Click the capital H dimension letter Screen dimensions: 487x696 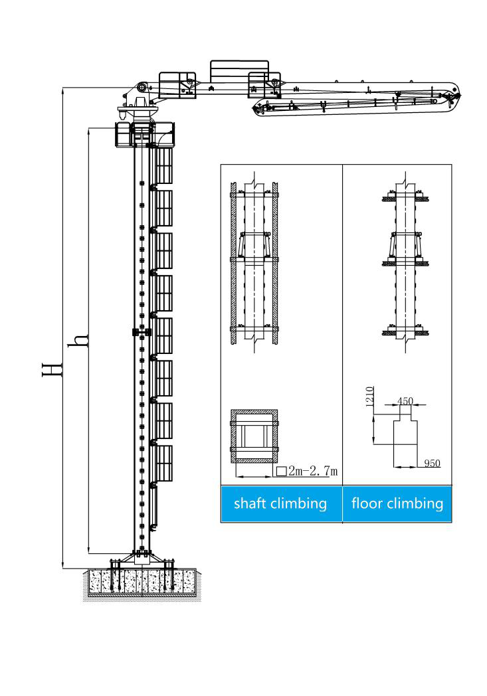tap(51, 370)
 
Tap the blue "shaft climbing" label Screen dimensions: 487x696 tap(280, 504)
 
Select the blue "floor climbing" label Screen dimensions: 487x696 tap(397, 503)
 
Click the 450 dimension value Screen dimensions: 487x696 tap(405, 401)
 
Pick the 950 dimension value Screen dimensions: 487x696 tap(432, 464)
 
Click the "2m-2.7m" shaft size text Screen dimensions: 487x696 tap(313, 470)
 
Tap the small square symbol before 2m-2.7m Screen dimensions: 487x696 tap(281, 472)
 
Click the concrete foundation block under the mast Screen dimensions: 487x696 tap(142, 582)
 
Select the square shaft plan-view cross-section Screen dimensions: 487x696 tap(254, 436)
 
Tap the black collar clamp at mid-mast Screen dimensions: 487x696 tap(142, 332)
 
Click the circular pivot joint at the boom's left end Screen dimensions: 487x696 tap(142, 88)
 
